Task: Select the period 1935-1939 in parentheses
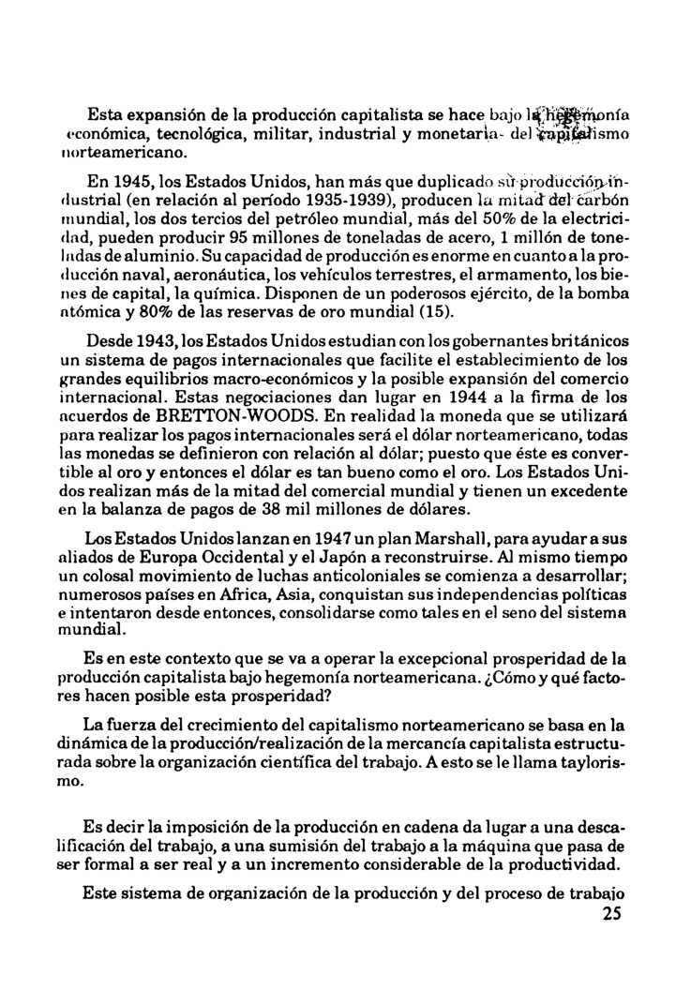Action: click(x=368, y=199)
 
